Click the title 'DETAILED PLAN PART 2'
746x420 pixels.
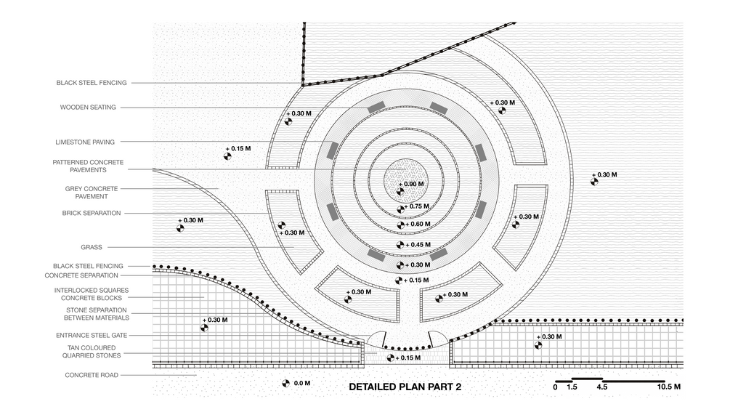(x=405, y=387)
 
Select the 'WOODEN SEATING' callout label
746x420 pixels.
(x=88, y=108)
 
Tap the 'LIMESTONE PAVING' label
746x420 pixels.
(x=85, y=142)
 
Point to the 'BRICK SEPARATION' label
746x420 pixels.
(x=91, y=213)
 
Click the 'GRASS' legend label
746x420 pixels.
(x=91, y=247)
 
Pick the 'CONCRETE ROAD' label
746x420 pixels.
(x=92, y=375)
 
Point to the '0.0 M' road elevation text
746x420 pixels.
(x=301, y=383)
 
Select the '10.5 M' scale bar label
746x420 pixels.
(x=669, y=387)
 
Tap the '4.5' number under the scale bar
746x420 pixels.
(x=601, y=387)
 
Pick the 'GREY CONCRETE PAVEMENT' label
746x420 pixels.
(x=92, y=193)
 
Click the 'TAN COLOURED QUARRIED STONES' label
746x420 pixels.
(x=91, y=352)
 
